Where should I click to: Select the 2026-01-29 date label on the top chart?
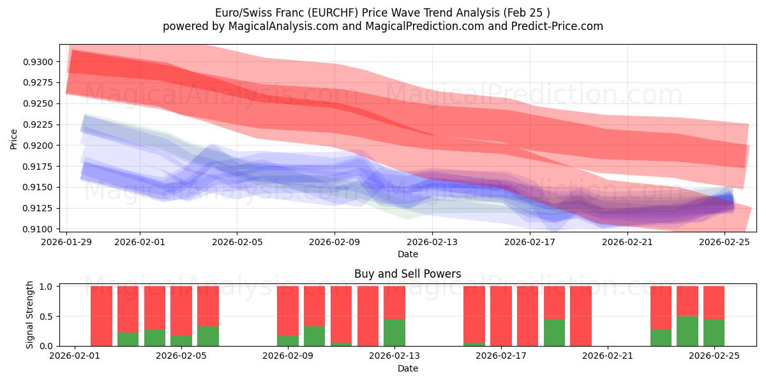pos(67,242)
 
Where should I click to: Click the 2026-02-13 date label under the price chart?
pos(432,242)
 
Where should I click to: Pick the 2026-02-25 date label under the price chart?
pos(725,242)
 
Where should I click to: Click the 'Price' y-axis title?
pos(14,138)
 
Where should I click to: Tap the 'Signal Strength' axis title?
pos(29,315)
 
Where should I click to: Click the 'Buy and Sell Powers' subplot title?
pos(407,274)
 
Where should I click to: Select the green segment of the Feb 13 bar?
pos(394,333)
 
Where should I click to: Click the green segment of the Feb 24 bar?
pos(687,331)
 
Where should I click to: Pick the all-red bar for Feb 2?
pos(101,316)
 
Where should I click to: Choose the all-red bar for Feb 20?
pos(581,316)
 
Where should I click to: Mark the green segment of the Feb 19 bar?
pos(554,333)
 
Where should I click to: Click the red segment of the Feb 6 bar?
pos(208,306)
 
